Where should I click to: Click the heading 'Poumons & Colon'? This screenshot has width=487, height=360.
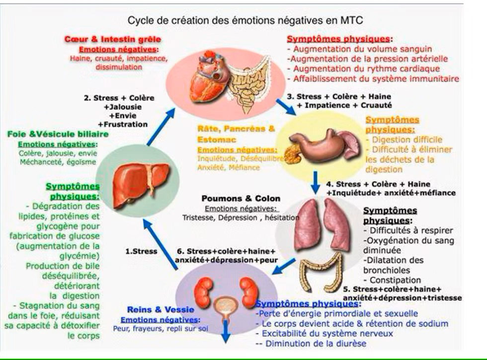point(241,198)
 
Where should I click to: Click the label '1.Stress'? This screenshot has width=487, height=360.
point(142,251)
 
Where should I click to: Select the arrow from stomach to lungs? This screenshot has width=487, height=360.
point(315,182)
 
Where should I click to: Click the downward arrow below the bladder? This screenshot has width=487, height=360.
point(226,333)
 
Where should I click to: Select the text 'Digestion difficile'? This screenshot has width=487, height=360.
point(406,140)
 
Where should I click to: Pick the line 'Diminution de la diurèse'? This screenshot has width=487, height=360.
point(310,343)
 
